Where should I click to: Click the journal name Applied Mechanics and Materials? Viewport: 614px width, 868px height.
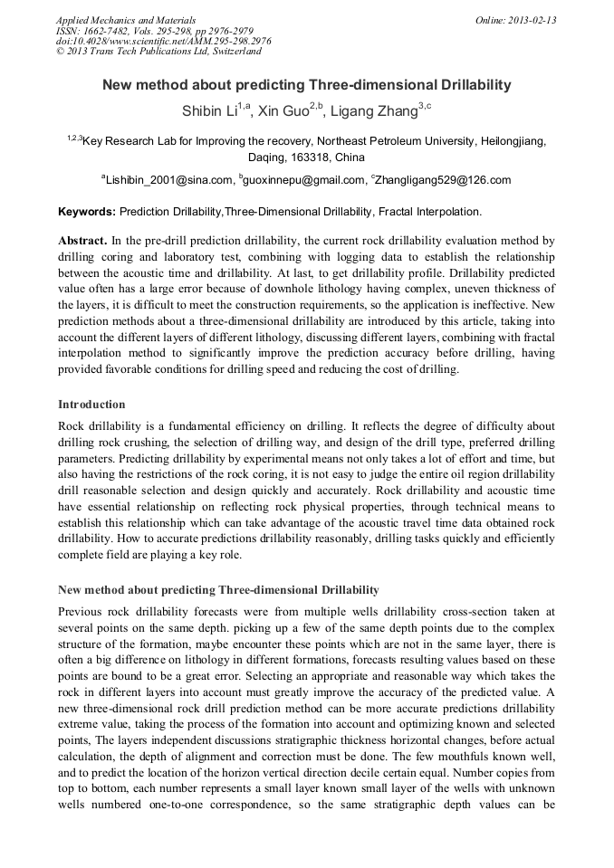pyautogui.click(x=126, y=20)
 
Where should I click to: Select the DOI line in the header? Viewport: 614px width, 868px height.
pyautogui.click(x=163, y=41)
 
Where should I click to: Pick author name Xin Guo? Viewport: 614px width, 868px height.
pyautogui.click(x=281, y=113)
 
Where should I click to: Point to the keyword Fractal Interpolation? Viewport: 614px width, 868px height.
pyautogui.click(x=429, y=212)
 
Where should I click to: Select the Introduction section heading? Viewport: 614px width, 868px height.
pyautogui.click(x=91, y=405)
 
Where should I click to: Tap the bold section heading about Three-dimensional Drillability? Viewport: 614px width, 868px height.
pyautogui.click(x=218, y=590)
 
